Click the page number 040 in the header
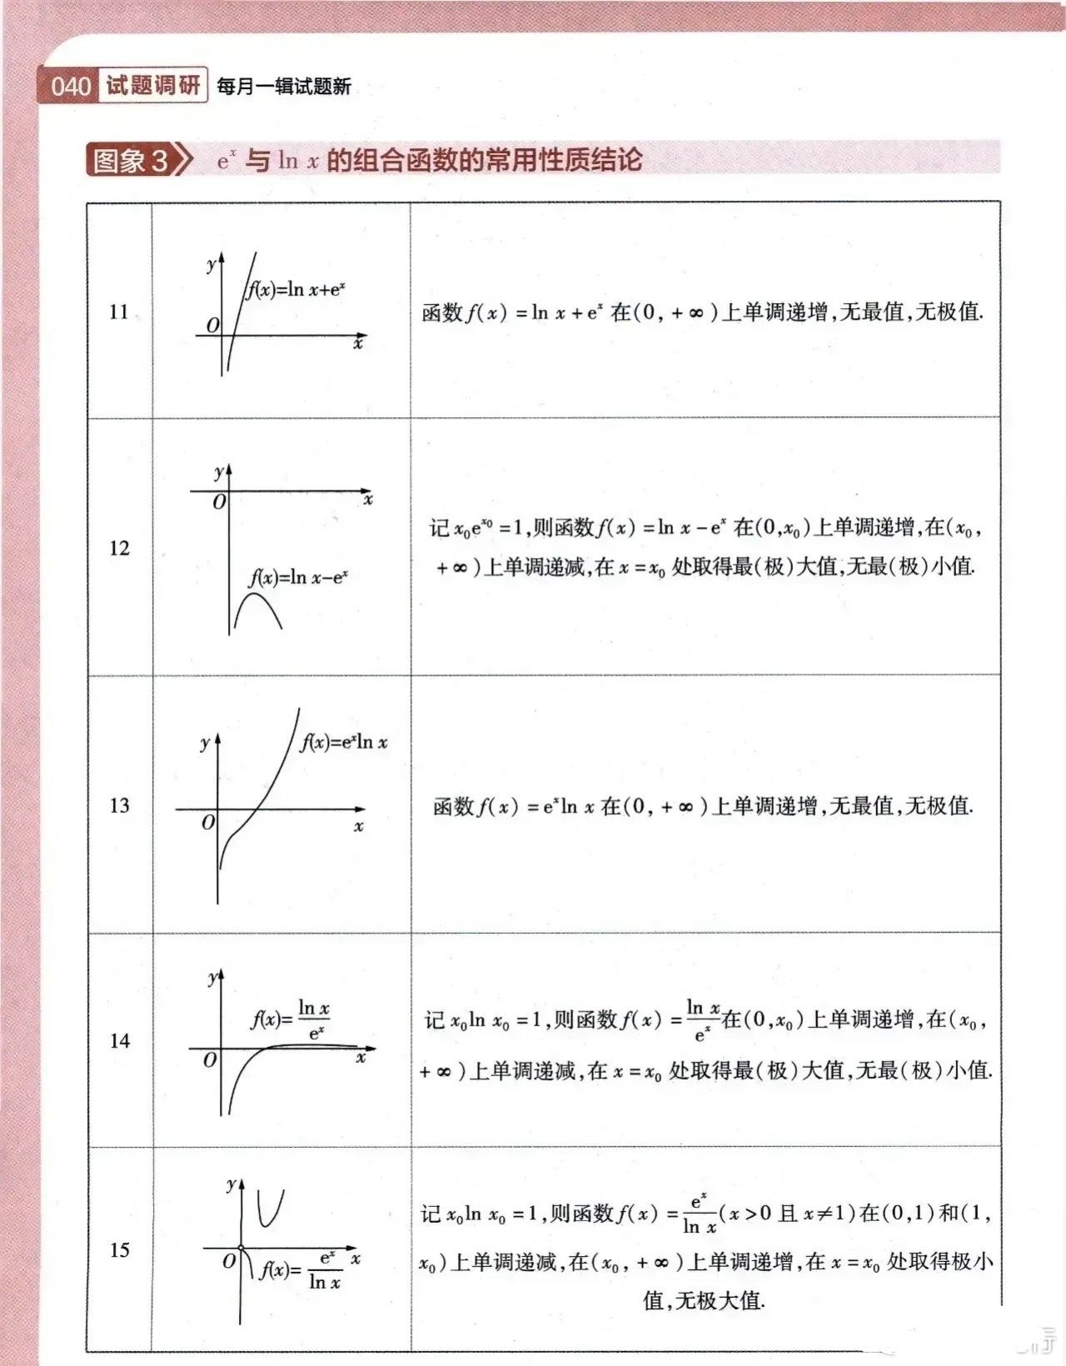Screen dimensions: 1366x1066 [70, 86]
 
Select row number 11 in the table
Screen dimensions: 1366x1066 [119, 312]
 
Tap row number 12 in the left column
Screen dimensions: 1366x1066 [119, 547]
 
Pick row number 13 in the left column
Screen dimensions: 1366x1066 [119, 805]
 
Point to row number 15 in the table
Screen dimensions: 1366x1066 [119, 1249]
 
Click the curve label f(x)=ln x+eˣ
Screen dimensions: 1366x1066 [296, 290]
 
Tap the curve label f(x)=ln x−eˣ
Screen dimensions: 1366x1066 [298, 577]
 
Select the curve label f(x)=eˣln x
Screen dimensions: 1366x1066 [344, 741]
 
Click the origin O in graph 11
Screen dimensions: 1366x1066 [212, 325]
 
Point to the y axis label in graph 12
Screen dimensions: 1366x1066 [218, 471]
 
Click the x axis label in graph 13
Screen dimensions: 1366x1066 [359, 826]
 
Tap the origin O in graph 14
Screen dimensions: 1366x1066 [210, 1059]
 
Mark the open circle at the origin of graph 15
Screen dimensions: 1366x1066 [241, 1248]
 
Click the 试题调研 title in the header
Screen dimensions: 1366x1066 [153, 85]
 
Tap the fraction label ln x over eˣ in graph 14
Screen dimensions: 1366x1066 [314, 1020]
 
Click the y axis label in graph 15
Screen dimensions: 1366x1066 [231, 1184]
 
